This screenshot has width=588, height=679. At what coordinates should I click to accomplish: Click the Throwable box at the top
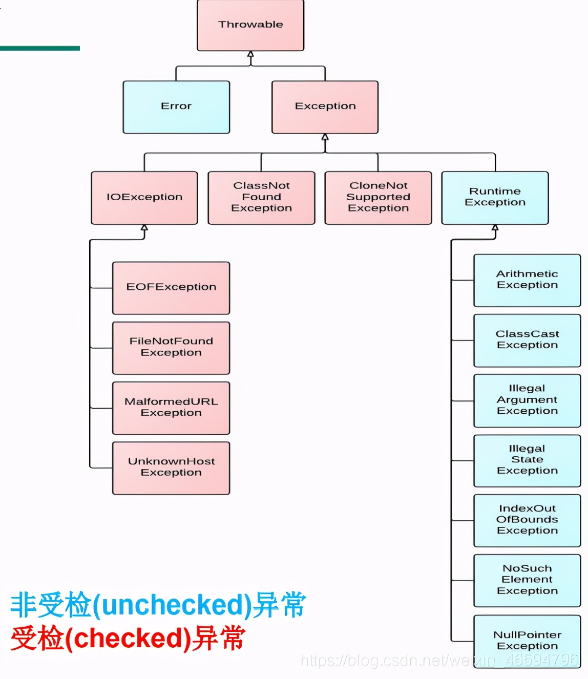click(250, 25)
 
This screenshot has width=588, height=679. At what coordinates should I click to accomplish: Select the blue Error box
click(176, 107)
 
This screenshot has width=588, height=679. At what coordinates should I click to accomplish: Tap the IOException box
click(144, 198)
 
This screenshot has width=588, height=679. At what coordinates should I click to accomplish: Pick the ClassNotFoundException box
click(261, 198)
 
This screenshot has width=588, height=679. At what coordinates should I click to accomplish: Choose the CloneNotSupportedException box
click(378, 198)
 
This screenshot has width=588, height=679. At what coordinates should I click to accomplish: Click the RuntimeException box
click(495, 198)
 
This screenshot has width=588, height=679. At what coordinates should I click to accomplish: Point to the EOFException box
click(171, 288)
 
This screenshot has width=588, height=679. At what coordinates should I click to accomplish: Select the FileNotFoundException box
click(171, 348)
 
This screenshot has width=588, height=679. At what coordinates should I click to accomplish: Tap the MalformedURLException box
click(171, 408)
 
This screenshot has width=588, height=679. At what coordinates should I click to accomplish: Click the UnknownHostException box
click(171, 468)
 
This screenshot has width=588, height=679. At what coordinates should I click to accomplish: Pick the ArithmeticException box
click(527, 280)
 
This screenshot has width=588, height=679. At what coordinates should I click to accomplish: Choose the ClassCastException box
click(527, 340)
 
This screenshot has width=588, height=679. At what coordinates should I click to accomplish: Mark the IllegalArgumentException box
click(527, 400)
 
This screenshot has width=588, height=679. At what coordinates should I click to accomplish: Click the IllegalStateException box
click(527, 460)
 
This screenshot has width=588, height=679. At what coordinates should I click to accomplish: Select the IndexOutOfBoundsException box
click(527, 520)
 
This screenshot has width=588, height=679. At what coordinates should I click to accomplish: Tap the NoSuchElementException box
click(527, 580)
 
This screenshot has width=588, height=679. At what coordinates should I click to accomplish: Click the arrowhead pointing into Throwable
click(250, 54)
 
